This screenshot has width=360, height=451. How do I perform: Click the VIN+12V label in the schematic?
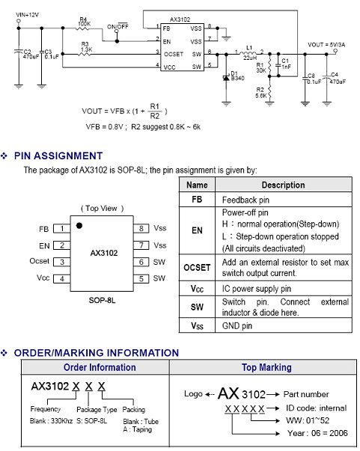[x=28, y=15]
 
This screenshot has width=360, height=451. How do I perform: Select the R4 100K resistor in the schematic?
[x=84, y=28]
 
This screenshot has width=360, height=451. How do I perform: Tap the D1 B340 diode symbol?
[x=226, y=78]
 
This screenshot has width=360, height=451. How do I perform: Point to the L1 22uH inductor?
[x=248, y=53]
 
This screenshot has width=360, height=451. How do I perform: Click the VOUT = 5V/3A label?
[x=326, y=45]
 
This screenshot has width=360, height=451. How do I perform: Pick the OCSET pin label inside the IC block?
[x=174, y=54]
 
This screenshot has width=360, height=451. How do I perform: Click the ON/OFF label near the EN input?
[x=118, y=26]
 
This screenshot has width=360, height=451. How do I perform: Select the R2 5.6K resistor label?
[x=260, y=93]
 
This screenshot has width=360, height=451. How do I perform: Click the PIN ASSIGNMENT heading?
[x=58, y=156]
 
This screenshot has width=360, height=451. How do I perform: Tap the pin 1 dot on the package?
[x=79, y=226]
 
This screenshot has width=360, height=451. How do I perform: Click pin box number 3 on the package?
[x=62, y=262]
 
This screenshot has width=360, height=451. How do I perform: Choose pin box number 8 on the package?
[x=141, y=228]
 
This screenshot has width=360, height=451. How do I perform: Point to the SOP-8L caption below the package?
[x=102, y=301]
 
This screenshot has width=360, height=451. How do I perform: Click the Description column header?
[x=284, y=185]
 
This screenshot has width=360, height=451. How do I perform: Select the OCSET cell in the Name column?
[x=197, y=268]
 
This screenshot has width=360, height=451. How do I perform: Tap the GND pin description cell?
[x=284, y=325]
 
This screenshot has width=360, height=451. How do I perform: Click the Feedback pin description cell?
[x=284, y=200]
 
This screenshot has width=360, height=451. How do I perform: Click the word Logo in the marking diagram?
[x=193, y=393]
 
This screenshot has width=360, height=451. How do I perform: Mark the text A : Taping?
[x=137, y=429]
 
